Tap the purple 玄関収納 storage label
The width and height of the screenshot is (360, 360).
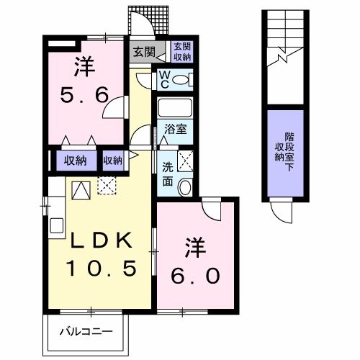point(181,52)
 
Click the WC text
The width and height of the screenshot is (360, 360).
point(164,78)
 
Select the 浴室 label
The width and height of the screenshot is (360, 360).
point(176,130)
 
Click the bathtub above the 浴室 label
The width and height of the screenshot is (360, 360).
point(176,109)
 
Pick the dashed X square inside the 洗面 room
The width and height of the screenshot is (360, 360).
point(184,160)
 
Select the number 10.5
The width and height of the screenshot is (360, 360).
point(101,269)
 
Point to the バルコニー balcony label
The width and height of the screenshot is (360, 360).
point(85,333)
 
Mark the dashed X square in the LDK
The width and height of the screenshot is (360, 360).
point(107,185)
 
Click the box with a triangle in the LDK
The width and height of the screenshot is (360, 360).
point(80,190)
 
